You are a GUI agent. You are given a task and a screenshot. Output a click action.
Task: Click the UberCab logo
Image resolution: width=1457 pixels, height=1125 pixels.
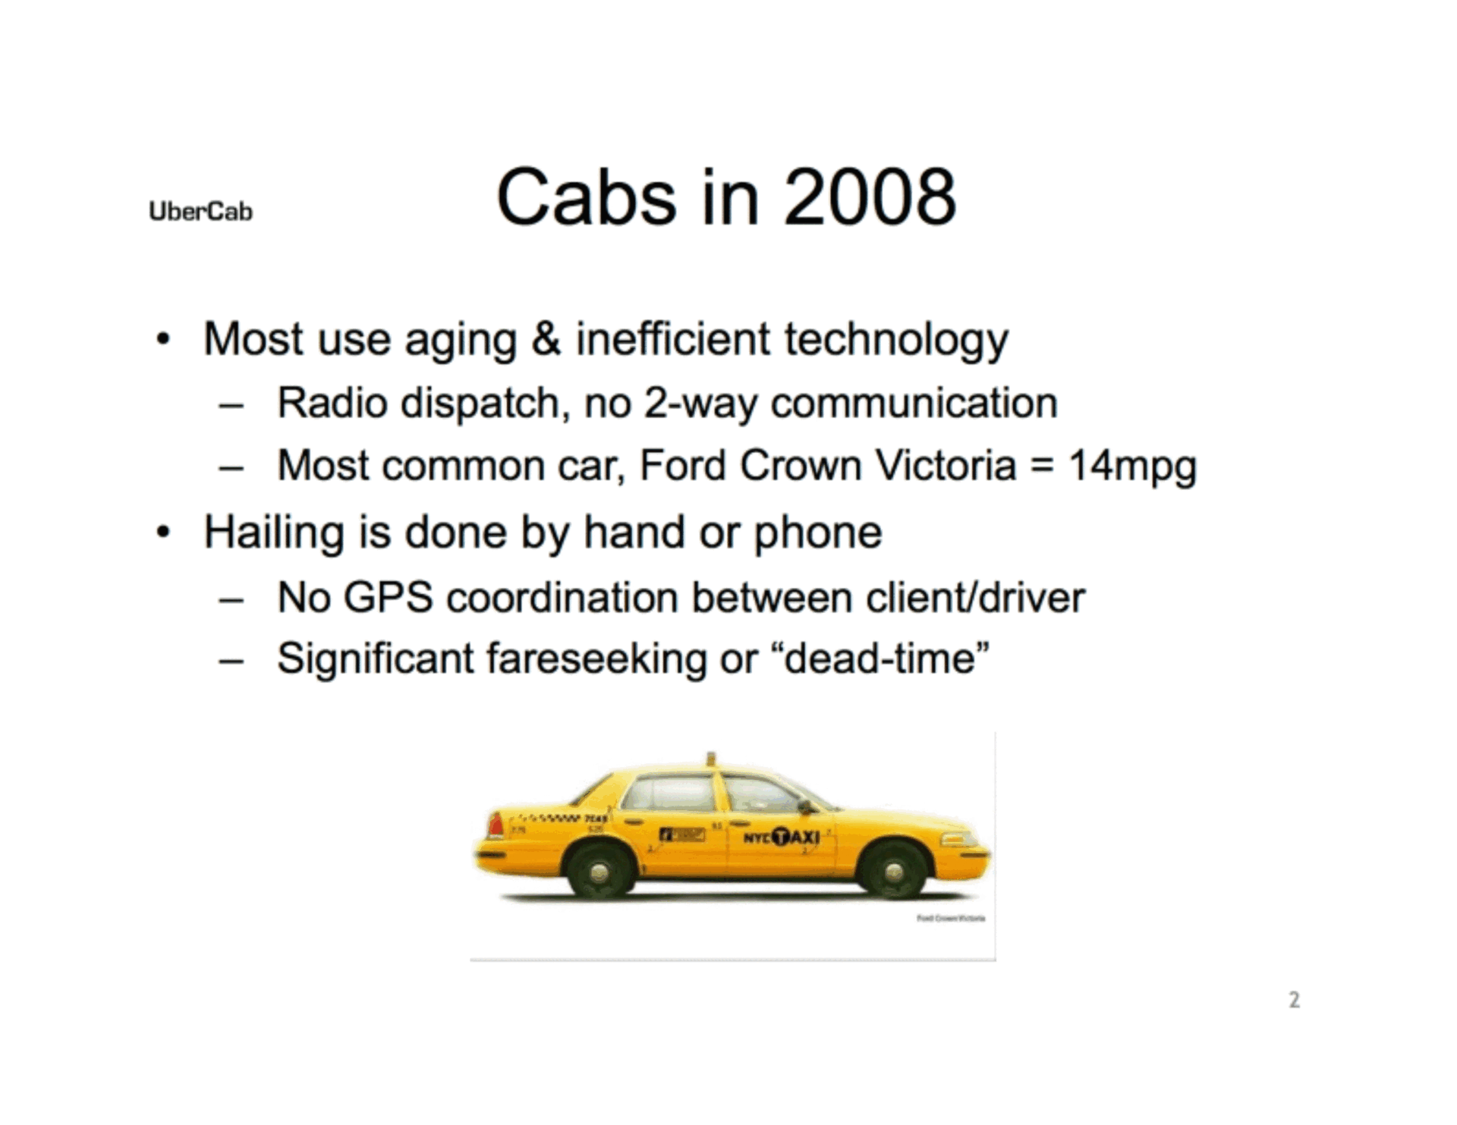200,211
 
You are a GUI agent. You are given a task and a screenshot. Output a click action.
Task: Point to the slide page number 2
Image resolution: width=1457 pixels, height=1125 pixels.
1294,1000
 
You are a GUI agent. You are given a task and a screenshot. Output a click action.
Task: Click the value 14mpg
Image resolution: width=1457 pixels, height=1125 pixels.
1132,466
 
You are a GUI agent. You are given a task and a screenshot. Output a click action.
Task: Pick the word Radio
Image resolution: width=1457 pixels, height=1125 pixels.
332,402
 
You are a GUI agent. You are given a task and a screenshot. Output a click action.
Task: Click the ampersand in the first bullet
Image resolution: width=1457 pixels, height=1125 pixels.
546,338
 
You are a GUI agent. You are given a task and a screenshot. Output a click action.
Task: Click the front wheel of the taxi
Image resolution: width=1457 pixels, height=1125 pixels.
893,869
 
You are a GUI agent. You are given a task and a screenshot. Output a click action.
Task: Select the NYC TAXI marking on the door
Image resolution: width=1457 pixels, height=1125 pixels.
781,837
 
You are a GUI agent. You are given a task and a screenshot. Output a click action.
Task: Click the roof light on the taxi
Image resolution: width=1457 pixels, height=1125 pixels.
711,759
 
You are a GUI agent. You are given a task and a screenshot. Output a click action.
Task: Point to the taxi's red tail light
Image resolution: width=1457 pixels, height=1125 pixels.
496,825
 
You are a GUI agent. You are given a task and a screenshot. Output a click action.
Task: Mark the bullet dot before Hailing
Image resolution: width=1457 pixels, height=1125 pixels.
162,533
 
